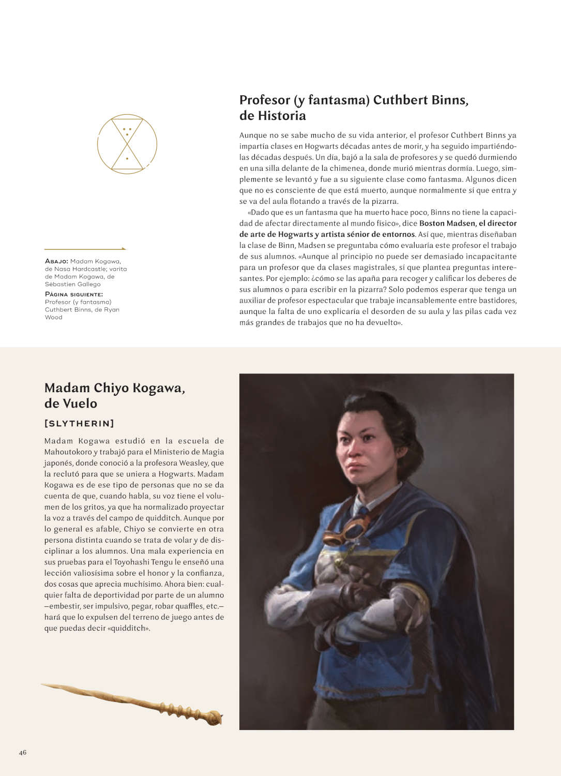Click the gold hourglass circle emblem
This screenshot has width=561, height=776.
(x=127, y=144)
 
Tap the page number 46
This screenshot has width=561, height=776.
(x=23, y=752)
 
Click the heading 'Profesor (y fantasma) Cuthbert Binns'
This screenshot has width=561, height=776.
(x=354, y=100)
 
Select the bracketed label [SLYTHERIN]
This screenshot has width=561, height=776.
(x=79, y=423)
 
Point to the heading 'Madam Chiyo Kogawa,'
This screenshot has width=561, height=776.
(x=115, y=388)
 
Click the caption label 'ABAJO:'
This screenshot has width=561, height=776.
(x=56, y=261)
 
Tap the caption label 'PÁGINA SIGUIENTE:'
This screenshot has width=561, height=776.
(x=74, y=294)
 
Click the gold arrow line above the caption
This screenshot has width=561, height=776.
(x=85, y=249)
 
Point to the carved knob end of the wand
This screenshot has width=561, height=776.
(x=214, y=718)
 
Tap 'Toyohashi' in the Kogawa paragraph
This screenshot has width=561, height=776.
(x=131, y=562)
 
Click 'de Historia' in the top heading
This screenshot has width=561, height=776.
(x=272, y=115)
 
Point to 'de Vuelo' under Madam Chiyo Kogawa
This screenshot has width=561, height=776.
(x=71, y=404)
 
